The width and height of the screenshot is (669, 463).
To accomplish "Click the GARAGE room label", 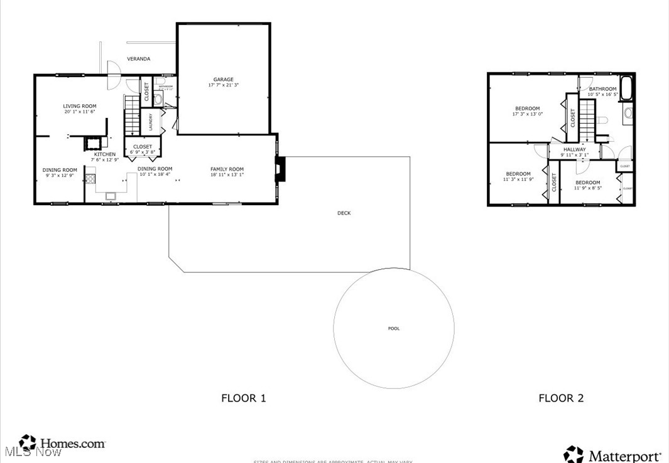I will click(x=223, y=80).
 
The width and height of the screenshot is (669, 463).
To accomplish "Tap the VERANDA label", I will click(x=139, y=59).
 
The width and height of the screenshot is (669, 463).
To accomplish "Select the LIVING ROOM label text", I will click(x=79, y=105).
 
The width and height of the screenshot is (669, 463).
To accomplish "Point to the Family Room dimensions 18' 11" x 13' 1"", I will click(x=227, y=175).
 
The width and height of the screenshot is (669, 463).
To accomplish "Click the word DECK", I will click(x=344, y=213).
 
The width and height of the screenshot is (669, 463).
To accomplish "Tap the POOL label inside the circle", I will click(x=393, y=329).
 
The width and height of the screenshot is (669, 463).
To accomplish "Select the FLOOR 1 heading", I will click(x=244, y=398).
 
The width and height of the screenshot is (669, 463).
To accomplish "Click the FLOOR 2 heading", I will click(x=561, y=398).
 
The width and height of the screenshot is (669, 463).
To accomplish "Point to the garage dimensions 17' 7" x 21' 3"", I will click(x=223, y=85).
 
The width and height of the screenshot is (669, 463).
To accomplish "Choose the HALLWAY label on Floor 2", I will click(x=574, y=149).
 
